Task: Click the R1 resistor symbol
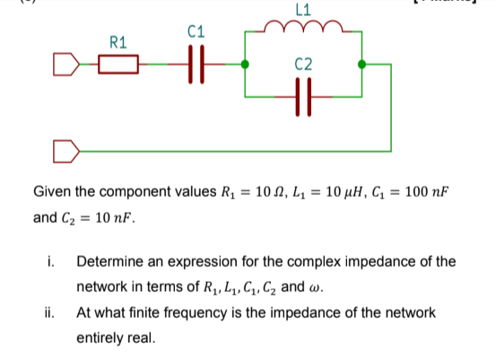(x=118, y=65)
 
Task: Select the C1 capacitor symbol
(x=195, y=65)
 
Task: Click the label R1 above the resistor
(x=117, y=41)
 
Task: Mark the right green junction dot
(x=361, y=65)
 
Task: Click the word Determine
(x=113, y=262)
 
